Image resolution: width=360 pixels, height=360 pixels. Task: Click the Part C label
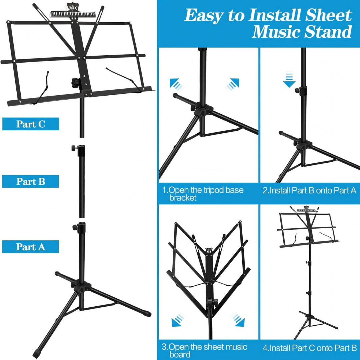click(31, 124)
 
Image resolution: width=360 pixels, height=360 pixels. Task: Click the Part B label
click(31, 182)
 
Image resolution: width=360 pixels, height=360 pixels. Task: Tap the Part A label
click(31, 247)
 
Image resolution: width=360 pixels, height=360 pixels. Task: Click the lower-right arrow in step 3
click(239, 320)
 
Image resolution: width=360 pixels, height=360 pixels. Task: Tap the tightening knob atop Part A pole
click(74, 227)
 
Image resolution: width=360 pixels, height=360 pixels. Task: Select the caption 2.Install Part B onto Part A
click(309, 191)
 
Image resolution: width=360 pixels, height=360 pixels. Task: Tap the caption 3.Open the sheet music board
click(205, 350)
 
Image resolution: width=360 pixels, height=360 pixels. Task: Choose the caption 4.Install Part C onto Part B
click(309, 348)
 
